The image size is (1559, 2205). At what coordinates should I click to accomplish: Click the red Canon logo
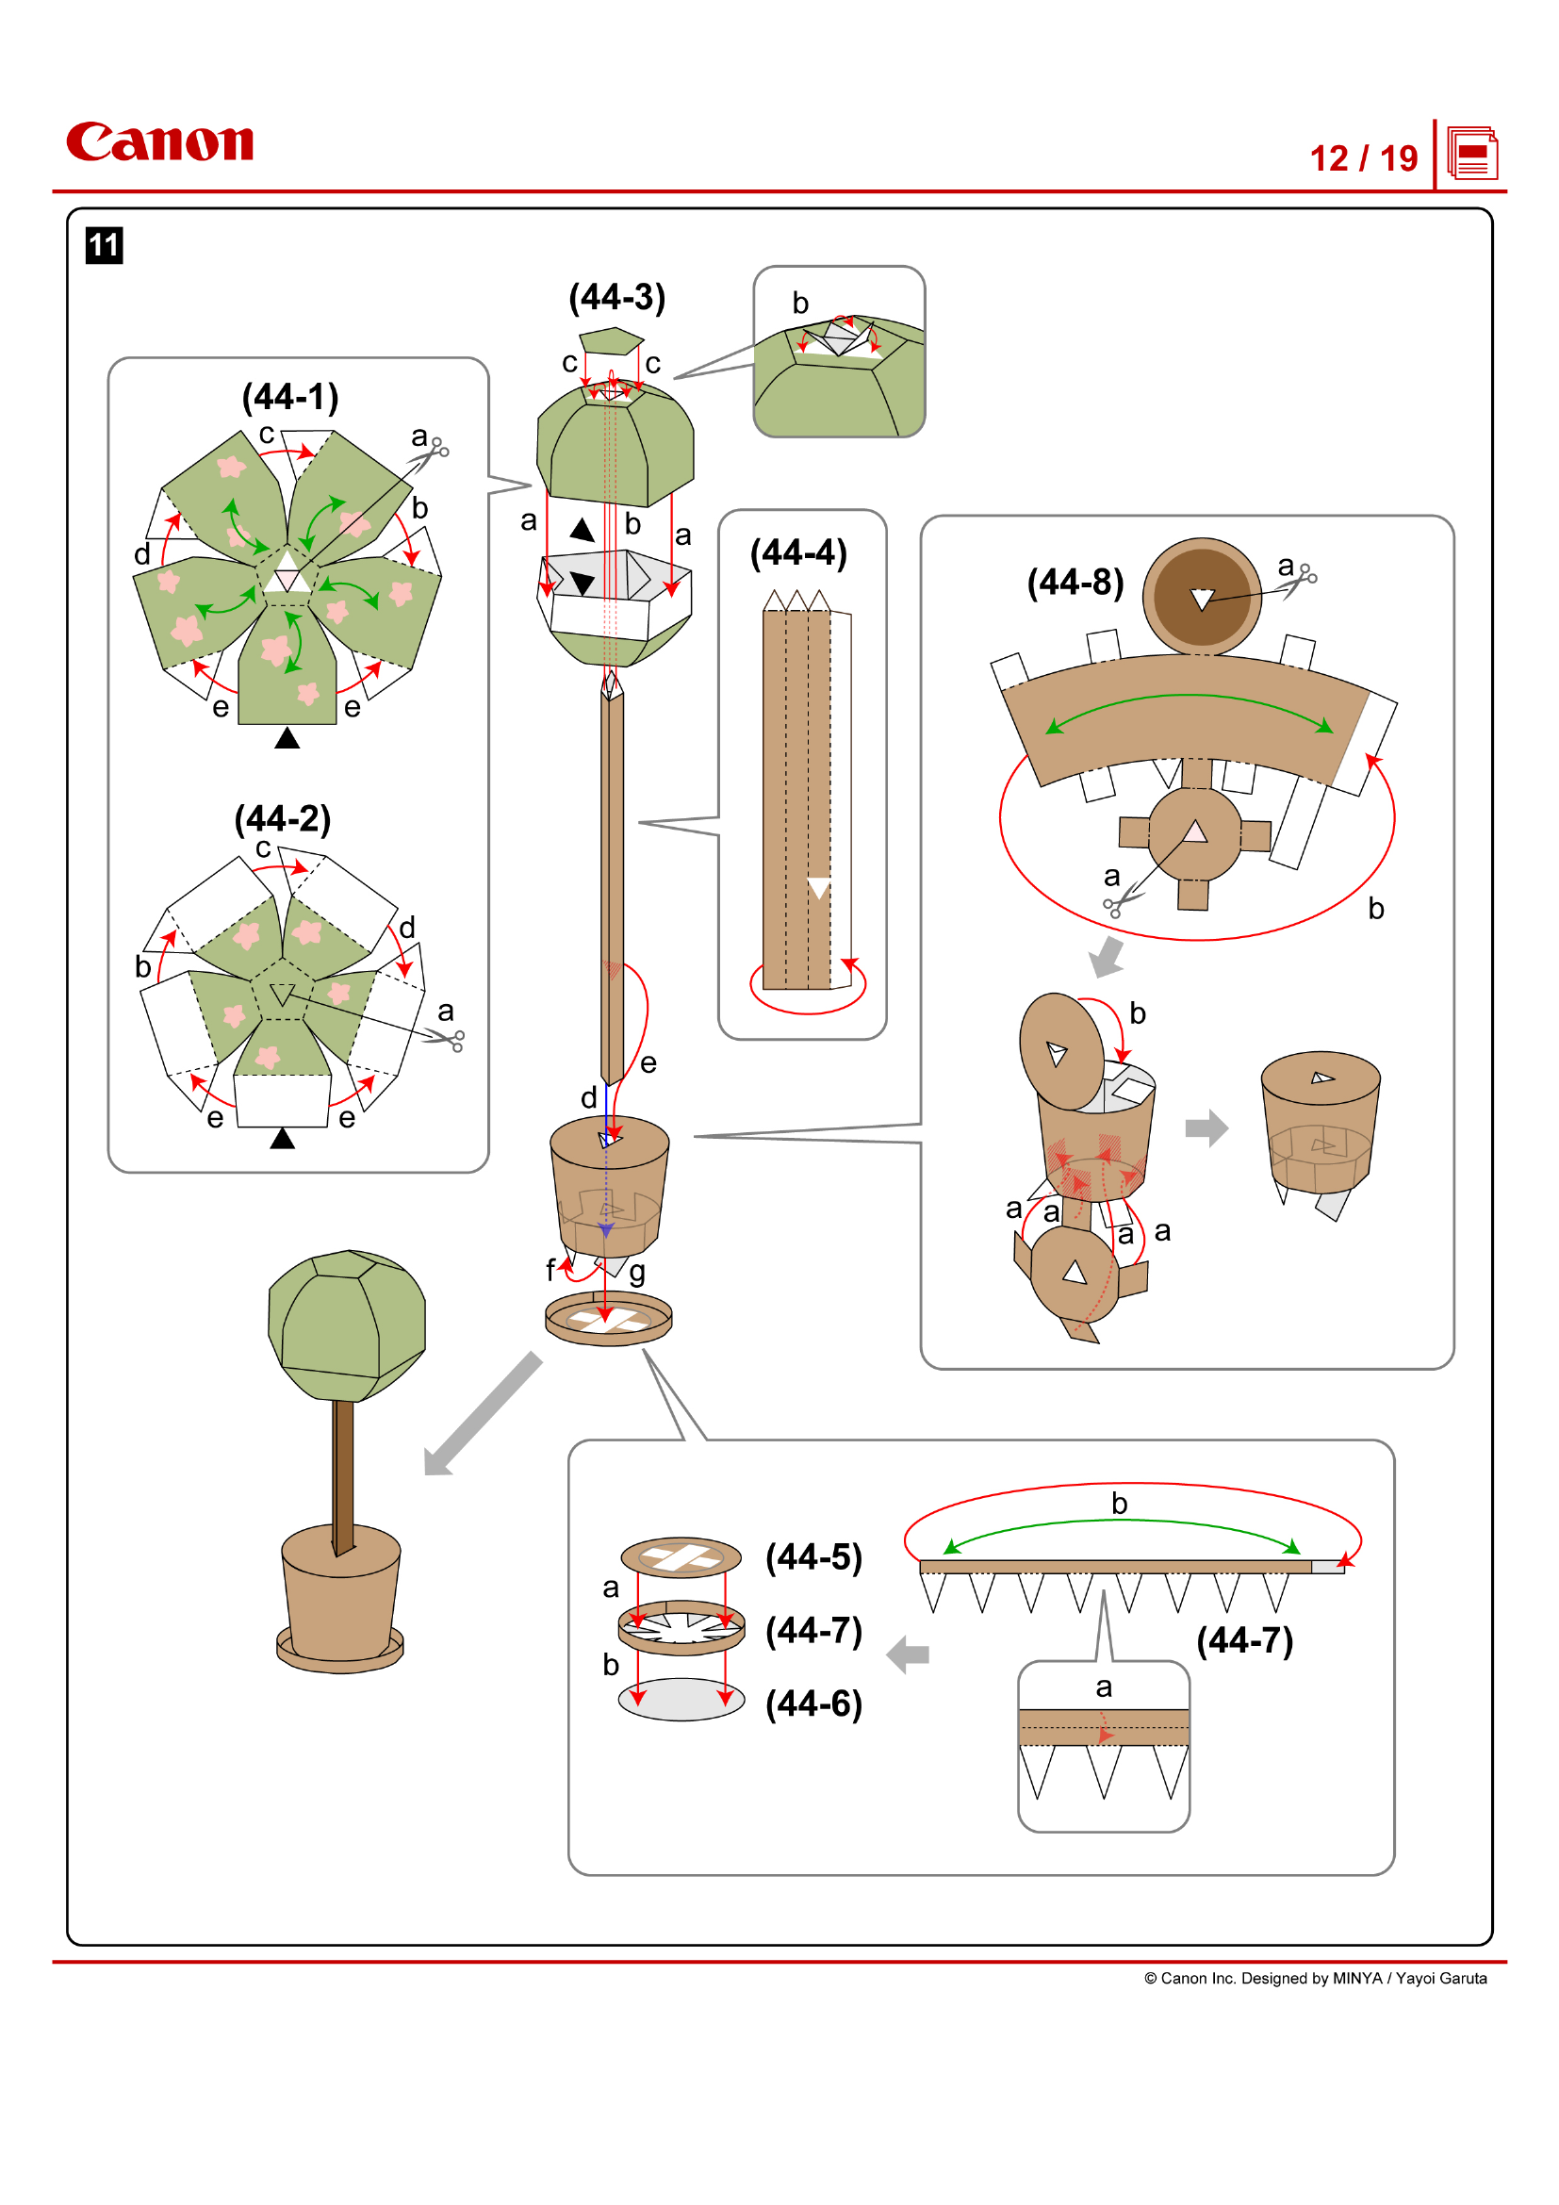pyautogui.click(x=159, y=141)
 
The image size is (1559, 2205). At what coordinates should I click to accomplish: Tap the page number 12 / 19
pyautogui.click(x=1363, y=158)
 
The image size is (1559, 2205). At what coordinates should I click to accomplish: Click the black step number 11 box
pyautogui.click(x=104, y=245)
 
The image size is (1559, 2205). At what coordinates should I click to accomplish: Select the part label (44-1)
pyautogui.click(x=290, y=397)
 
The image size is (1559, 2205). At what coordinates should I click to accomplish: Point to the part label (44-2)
pyautogui.click(x=282, y=818)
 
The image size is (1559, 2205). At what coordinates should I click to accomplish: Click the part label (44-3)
pyautogui.click(x=617, y=297)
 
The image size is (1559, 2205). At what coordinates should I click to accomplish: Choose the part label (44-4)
pyautogui.click(x=798, y=552)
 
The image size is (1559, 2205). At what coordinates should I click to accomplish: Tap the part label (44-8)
pyautogui.click(x=1075, y=582)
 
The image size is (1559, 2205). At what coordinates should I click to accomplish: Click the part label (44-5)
pyautogui.click(x=814, y=1556)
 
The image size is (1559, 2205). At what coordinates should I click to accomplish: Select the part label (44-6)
pyautogui.click(x=814, y=1703)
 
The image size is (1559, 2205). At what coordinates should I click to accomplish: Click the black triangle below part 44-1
pyautogui.click(x=287, y=737)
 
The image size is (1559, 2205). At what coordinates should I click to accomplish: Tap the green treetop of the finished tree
pyautogui.click(x=348, y=1325)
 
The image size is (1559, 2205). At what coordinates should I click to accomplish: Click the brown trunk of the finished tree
pyautogui.click(x=343, y=1470)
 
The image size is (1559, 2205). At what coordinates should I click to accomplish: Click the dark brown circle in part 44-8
pyautogui.click(x=1201, y=597)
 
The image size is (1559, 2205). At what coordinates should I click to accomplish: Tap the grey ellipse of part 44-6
pyautogui.click(x=681, y=1699)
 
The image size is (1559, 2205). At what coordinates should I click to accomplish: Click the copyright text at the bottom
pyautogui.click(x=1314, y=1978)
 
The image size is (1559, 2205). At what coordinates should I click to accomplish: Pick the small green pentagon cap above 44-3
pyautogui.click(x=611, y=340)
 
